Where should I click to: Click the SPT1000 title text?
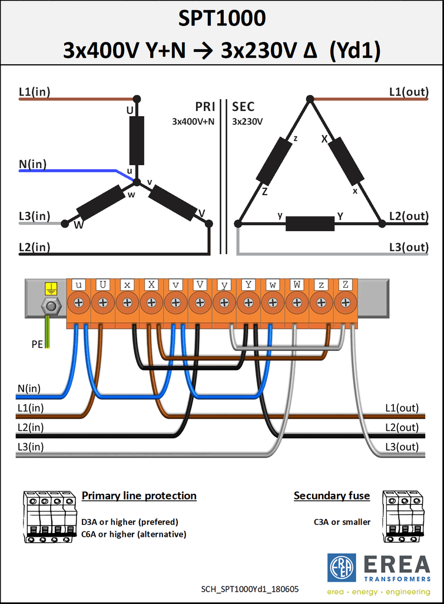click(x=222, y=18)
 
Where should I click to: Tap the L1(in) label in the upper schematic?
click(x=35, y=91)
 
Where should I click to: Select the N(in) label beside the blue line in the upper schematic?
click(x=32, y=164)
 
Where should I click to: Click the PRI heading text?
click(x=205, y=107)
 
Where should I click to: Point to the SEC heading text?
click(x=243, y=107)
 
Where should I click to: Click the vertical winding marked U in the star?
click(x=137, y=140)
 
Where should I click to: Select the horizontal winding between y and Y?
click(x=310, y=224)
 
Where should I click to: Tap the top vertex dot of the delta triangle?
click(x=310, y=99)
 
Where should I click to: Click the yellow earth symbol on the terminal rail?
click(x=51, y=288)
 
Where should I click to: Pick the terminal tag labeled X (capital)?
click(x=151, y=285)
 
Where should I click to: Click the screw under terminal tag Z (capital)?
click(x=346, y=303)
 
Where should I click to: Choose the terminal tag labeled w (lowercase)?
click(x=273, y=285)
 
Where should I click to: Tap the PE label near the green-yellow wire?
click(x=37, y=344)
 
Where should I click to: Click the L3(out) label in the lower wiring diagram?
click(x=402, y=447)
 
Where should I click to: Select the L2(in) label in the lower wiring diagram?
click(x=31, y=427)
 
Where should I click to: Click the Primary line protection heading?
click(x=139, y=495)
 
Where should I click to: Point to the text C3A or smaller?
click(x=342, y=522)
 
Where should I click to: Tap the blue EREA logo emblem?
click(x=342, y=568)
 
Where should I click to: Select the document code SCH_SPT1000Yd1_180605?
click(x=250, y=589)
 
